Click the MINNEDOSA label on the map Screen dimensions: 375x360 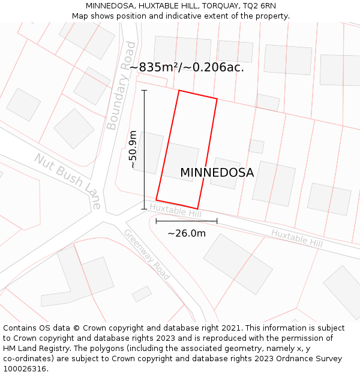click(x=217, y=173)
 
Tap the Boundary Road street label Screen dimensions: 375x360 click(x=121, y=86)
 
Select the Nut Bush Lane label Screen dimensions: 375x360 click(x=67, y=181)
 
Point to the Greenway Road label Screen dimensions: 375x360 click(x=147, y=254)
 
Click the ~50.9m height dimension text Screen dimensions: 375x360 click(x=133, y=149)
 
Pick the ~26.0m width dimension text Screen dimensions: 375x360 click(x=186, y=233)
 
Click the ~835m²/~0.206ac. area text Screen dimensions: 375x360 click(x=186, y=67)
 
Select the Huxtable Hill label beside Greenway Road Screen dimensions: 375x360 click(x=175, y=211)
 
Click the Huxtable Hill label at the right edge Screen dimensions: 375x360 click(x=296, y=238)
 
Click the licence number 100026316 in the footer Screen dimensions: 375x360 click(x=25, y=369)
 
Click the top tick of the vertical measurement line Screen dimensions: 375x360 click(x=144, y=91)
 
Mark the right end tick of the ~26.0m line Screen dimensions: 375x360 click(x=217, y=221)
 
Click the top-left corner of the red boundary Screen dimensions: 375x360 click(x=179, y=91)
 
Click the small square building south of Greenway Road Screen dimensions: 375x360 click(x=142, y=294)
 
